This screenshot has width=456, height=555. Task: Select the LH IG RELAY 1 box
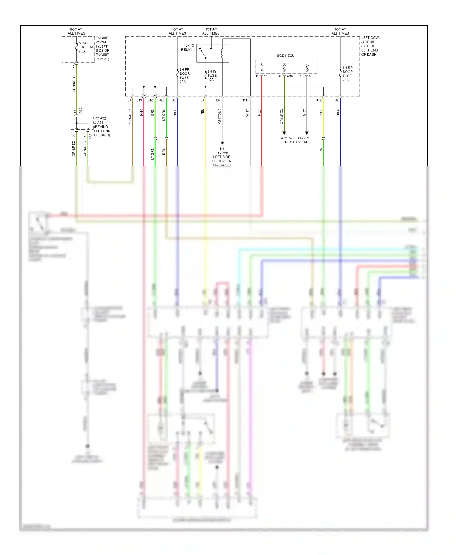[x=212, y=53]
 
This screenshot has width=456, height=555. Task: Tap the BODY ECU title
[x=285, y=56]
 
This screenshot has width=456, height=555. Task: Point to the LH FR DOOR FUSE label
[x=185, y=76]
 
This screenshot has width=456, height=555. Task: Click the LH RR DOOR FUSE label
[x=347, y=74]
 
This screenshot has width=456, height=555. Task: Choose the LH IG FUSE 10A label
[x=212, y=75]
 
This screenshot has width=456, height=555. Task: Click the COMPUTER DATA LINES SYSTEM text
[x=294, y=140]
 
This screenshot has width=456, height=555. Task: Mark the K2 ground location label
[x=222, y=157]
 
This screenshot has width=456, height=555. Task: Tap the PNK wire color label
[x=141, y=112]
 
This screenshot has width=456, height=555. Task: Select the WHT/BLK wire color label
[x=219, y=117]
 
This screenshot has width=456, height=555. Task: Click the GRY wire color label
[x=304, y=113]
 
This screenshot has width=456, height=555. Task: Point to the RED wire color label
[x=259, y=112]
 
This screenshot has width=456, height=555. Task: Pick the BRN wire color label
[x=164, y=151]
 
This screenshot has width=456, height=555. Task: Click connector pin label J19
[x=139, y=100]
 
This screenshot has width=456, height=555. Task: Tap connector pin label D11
[x=246, y=100]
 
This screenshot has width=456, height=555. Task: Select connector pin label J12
[x=319, y=100]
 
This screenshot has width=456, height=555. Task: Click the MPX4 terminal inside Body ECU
[x=285, y=68]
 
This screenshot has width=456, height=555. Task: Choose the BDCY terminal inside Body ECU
[x=262, y=68]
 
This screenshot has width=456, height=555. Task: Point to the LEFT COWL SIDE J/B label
[x=370, y=46]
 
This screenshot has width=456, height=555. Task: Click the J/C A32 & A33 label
[x=102, y=127]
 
